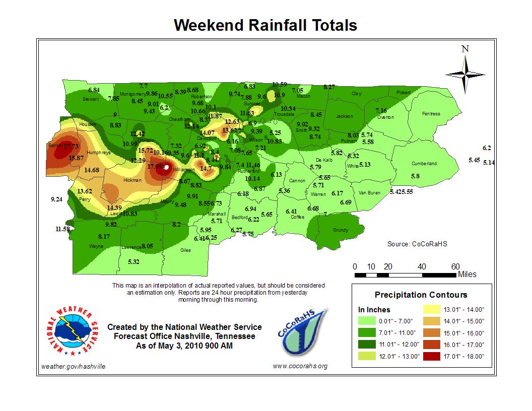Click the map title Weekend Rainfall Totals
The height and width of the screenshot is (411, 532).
tap(265, 26)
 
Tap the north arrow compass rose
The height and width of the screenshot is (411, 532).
tap(465, 73)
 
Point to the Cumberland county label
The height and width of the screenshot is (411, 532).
tap(424, 164)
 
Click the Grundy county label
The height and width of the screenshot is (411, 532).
tap(341, 230)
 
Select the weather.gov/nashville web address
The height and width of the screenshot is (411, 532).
tap(73, 366)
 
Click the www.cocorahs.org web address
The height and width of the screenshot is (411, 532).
tap(300, 366)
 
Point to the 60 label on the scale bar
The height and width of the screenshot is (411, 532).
tap(455, 266)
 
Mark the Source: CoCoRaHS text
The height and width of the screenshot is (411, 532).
tap(417, 244)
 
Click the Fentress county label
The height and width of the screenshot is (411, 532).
tap(431, 114)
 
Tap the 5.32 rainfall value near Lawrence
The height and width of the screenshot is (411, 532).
tap(134, 262)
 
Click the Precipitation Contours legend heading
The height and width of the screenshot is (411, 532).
tap(421, 295)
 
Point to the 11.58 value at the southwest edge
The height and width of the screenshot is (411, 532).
tap(62, 229)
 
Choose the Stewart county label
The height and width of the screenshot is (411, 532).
tap(91, 99)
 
